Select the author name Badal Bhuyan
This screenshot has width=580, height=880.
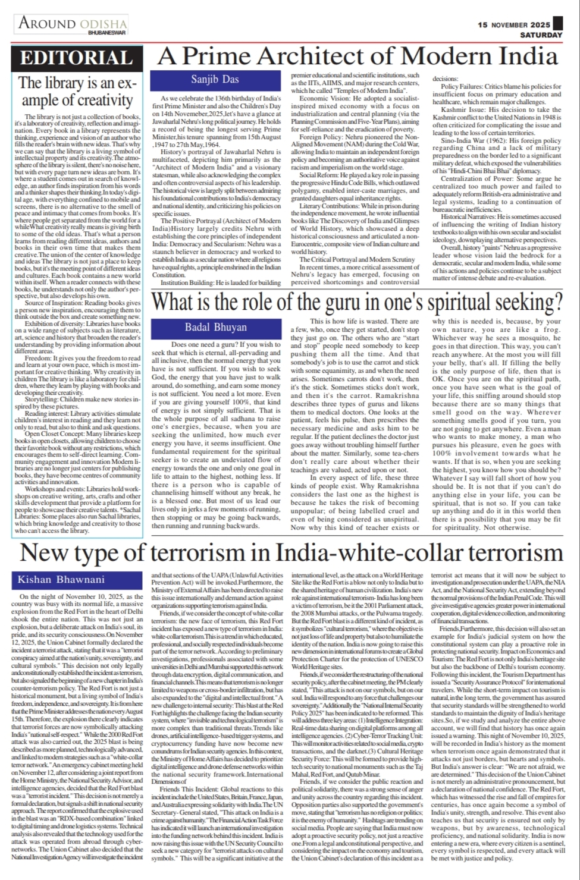[208, 326]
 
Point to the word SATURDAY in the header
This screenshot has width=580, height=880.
[541, 35]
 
